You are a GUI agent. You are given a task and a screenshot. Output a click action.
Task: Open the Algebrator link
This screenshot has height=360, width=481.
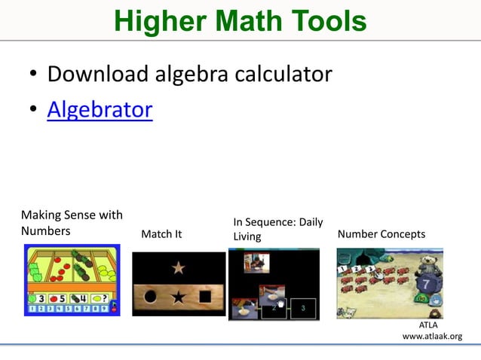(100, 110)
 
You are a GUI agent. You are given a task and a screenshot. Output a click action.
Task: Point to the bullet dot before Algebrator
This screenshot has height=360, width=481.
(33, 111)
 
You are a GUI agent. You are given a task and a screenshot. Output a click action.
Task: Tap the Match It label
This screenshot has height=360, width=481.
(161, 234)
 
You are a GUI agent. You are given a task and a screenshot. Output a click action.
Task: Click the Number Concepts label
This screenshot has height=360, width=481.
(381, 234)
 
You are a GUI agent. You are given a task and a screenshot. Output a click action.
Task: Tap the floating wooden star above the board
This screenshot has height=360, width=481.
(179, 267)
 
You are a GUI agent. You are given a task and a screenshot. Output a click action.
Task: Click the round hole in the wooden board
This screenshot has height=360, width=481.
(150, 297)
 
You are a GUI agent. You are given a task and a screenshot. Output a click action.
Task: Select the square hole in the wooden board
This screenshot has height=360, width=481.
(206, 297)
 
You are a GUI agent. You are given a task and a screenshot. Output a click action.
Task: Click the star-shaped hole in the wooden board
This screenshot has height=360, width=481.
(178, 297)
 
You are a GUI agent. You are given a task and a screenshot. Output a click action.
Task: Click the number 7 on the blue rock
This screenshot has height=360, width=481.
(426, 285)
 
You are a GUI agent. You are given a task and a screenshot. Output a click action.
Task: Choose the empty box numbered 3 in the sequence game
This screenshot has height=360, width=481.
(302, 308)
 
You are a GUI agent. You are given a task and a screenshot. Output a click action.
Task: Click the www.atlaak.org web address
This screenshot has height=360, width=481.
(432, 336)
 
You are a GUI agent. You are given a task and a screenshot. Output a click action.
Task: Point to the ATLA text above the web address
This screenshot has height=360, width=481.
(427, 325)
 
